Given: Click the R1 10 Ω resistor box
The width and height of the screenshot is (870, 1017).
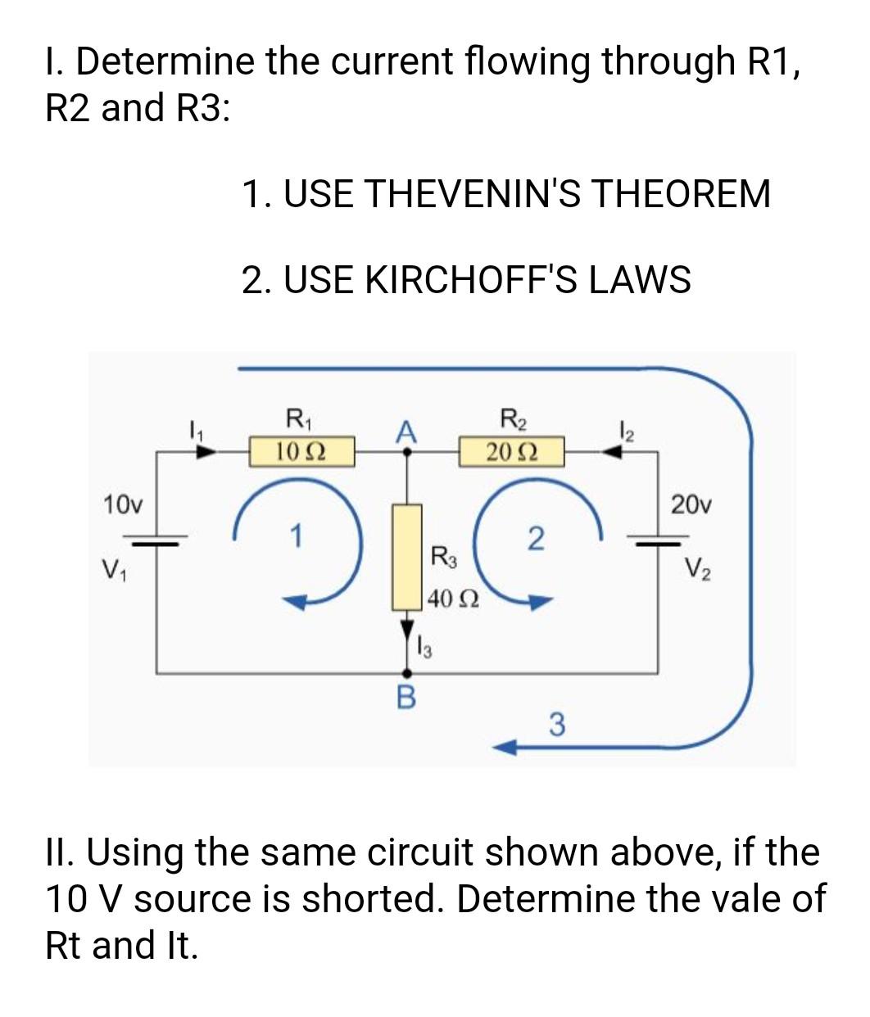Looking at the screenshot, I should [x=301, y=450].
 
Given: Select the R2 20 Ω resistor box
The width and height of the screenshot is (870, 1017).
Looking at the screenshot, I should [x=511, y=451].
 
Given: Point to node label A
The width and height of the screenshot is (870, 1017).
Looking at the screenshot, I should [x=405, y=432].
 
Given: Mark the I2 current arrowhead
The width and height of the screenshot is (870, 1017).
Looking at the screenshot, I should [x=610, y=450].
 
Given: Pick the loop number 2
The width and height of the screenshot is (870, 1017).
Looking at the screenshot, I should [x=534, y=539].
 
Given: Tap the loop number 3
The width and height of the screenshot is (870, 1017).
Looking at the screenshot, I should [x=556, y=725].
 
